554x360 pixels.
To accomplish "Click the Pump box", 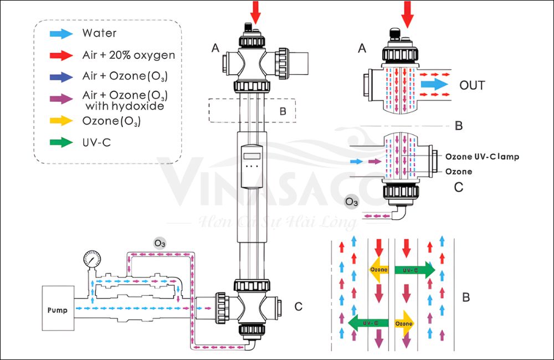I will [x=58, y=309].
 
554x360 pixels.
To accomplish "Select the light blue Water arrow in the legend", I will [x=60, y=33].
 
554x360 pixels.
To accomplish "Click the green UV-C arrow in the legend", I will [x=60, y=142].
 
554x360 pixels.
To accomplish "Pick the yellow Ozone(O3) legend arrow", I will [x=60, y=121].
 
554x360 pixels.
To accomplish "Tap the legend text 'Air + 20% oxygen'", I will [x=129, y=55].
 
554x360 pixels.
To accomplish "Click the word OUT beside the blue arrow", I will [x=472, y=85].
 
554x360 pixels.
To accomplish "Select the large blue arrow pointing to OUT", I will [x=433, y=85].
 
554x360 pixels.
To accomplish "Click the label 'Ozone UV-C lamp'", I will [x=482, y=157].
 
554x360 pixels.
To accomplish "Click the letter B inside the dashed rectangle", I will [x=282, y=111].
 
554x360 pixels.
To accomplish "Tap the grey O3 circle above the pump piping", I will [x=160, y=243].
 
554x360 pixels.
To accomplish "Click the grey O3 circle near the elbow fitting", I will [x=352, y=202].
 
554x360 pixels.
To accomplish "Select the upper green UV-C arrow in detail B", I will [x=416, y=270].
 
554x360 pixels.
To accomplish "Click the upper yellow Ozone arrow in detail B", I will [x=379, y=269].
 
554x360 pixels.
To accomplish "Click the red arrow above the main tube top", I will [x=255, y=11].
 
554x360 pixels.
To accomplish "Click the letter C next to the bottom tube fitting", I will [x=299, y=306].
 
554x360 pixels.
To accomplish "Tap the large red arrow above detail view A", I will [x=408, y=13].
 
